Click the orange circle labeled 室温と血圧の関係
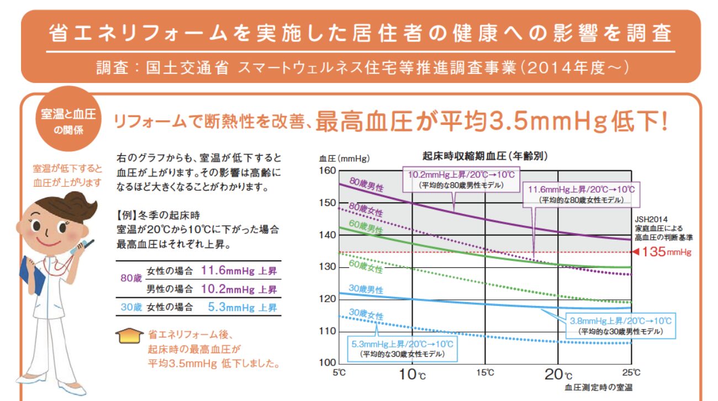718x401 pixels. click(x=68, y=119)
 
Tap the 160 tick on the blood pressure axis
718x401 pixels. click(x=328, y=171)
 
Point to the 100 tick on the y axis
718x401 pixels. click(x=328, y=362)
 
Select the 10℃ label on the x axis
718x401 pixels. click(x=412, y=374)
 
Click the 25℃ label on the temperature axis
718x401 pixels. click(x=631, y=372)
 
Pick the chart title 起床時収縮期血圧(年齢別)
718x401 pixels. click(x=485, y=156)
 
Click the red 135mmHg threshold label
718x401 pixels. click(x=667, y=252)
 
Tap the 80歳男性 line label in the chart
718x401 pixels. click(x=366, y=184)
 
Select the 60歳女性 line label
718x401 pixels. click(x=366, y=266)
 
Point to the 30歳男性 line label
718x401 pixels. click(x=366, y=289)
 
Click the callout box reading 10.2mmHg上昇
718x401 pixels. click(x=461, y=180)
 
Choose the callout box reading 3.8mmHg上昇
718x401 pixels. click(x=621, y=326)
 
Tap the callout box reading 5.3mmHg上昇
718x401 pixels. click(x=402, y=349)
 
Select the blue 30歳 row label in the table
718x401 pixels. click(x=131, y=307)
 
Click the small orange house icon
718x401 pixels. click(x=129, y=336)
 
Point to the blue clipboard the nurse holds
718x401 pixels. click(x=31, y=276)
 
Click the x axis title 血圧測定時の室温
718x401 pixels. click(x=599, y=387)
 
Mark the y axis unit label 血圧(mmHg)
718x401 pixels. click(x=344, y=159)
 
